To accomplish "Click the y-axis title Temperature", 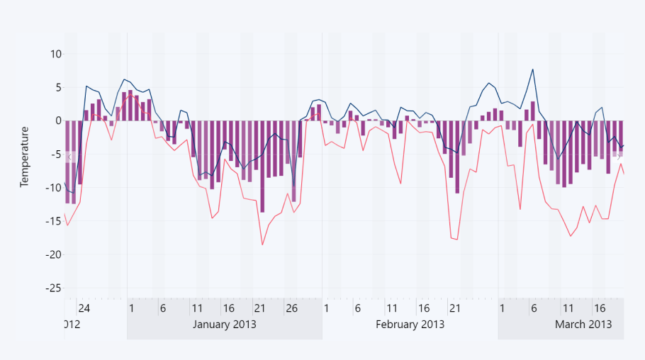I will [x=25, y=157].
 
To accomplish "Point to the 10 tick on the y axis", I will [x=56, y=54].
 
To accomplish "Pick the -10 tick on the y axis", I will [x=53, y=187].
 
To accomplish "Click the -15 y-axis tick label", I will [x=53, y=220].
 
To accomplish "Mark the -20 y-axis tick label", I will [x=53, y=254].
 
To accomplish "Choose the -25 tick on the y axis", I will [x=53, y=287].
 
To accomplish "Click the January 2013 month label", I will [x=225, y=324].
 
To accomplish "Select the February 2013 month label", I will [x=410, y=324].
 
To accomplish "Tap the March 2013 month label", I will [x=583, y=324].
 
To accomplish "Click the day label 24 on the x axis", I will [x=84, y=309].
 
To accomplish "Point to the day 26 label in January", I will [x=291, y=309].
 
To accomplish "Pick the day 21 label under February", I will [x=455, y=309].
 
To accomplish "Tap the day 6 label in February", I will [x=358, y=309].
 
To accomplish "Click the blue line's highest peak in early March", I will [x=532, y=69].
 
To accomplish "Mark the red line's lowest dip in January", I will [x=262, y=245].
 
